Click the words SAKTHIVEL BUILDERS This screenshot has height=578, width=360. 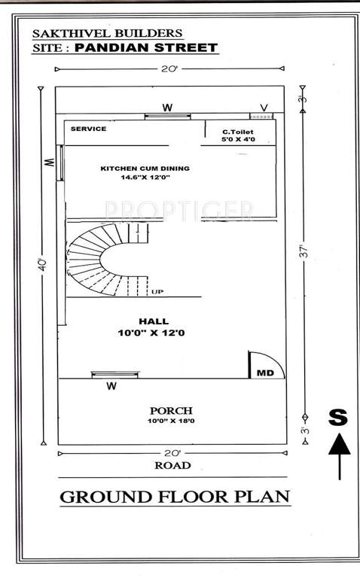pos(107,33)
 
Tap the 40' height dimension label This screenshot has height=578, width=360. pos(44,265)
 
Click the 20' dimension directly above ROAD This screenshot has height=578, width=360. pos(171,453)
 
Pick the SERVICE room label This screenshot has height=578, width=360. pos(89,129)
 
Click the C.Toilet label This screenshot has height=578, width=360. pos(237,131)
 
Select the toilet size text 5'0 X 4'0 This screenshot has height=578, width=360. pos(237,139)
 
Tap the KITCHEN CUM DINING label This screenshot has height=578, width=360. pos(145,168)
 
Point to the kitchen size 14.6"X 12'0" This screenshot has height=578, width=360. pos(145,178)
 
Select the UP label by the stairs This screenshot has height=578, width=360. pos(157,292)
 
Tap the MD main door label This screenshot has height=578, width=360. pos(265,373)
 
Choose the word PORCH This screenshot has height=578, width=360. pos(171,410)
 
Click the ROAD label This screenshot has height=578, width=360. pos(172,465)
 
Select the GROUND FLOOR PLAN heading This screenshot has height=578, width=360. pos(174,497)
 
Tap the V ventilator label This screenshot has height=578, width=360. pos(264,108)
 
